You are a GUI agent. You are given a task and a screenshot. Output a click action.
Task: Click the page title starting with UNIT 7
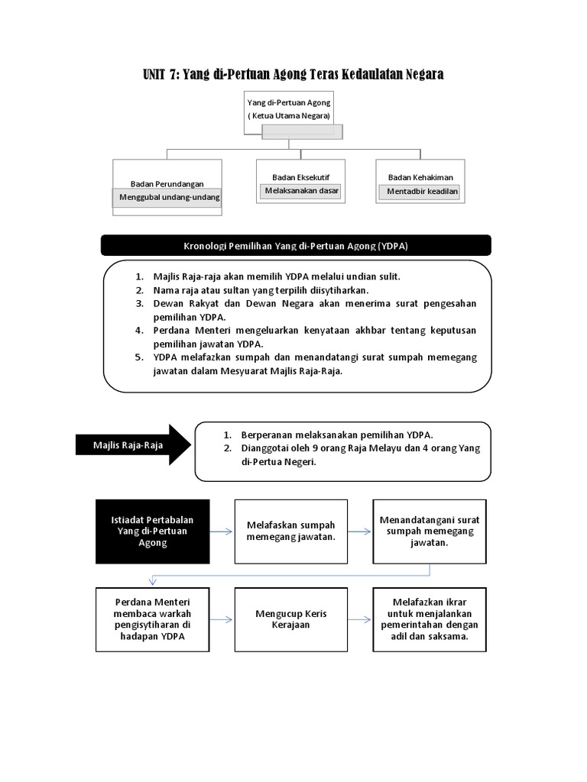click(293, 74)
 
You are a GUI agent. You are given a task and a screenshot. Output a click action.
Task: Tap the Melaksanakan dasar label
click(301, 191)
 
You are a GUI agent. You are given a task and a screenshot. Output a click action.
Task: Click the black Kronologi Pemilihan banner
click(296, 245)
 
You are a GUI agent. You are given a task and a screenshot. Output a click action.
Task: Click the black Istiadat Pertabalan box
click(152, 531)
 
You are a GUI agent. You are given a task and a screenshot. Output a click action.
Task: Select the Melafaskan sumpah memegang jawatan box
click(290, 531)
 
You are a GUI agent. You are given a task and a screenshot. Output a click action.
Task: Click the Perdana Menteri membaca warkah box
click(152, 619)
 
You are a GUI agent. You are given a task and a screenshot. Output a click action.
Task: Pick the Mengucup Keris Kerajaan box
click(290, 619)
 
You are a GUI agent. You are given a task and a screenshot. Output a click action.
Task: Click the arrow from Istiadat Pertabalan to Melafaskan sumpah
click(222, 532)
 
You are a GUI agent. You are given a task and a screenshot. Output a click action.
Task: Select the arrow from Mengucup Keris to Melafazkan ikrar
click(360, 619)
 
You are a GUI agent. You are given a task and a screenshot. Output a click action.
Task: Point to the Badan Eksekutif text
click(300, 177)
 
